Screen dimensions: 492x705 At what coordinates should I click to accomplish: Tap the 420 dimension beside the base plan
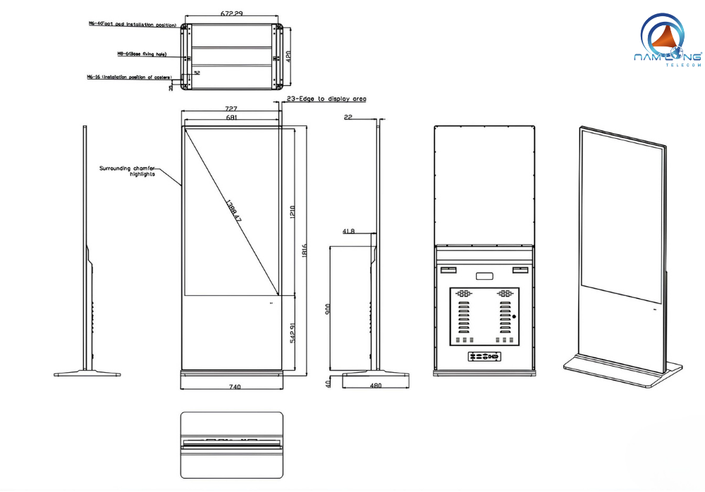(289, 56)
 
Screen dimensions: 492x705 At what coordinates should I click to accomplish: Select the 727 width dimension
(231, 109)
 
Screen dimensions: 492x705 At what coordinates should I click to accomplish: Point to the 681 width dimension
(231, 118)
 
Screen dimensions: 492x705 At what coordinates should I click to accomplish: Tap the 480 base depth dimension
(375, 386)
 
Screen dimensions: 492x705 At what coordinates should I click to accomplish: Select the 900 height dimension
(329, 309)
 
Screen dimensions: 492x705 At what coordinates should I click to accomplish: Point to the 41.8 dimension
(348, 230)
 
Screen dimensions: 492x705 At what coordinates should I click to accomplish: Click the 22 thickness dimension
(348, 118)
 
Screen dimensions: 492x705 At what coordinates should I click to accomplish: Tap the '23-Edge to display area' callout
(326, 99)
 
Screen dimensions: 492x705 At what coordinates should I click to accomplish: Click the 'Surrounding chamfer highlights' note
(127, 171)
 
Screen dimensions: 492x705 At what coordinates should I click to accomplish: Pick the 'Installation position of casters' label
(130, 76)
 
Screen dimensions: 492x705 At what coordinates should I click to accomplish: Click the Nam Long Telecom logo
(667, 42)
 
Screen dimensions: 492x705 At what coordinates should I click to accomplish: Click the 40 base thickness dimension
(329, 383)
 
